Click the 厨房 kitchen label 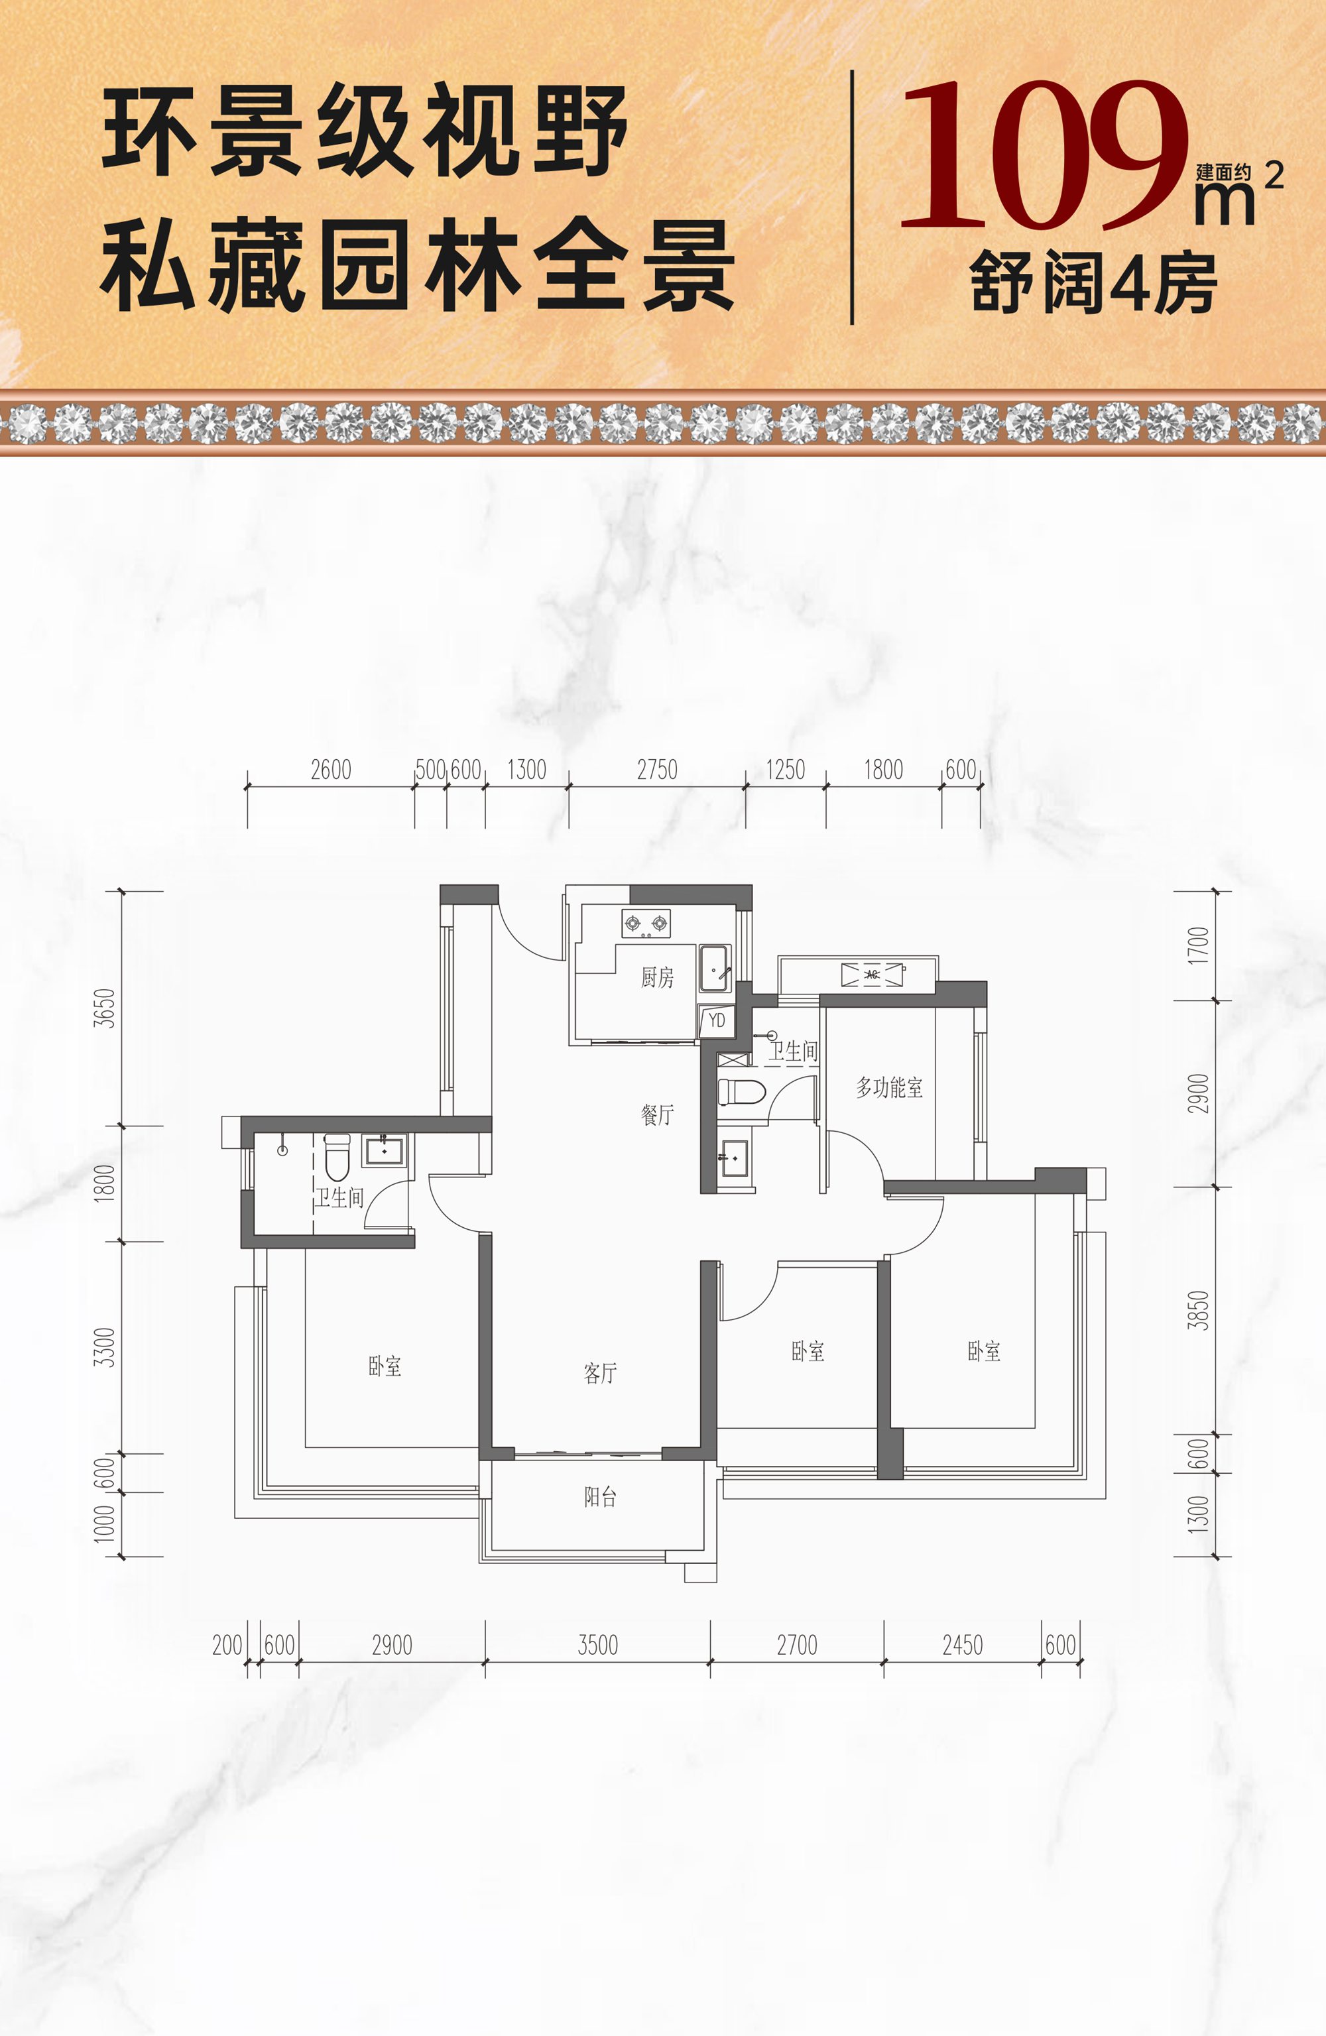657,977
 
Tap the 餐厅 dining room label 657,1114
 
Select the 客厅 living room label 600,1373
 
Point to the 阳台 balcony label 600,1496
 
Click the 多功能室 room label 890,1087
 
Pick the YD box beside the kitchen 717,1020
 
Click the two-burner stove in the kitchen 646,923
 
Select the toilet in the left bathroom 337,1158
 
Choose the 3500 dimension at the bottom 597,1645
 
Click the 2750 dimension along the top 657,770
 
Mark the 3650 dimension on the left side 103,1008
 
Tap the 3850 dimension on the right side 1199,1311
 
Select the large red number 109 1044,155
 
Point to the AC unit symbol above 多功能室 872,975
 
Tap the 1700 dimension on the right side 1199,946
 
